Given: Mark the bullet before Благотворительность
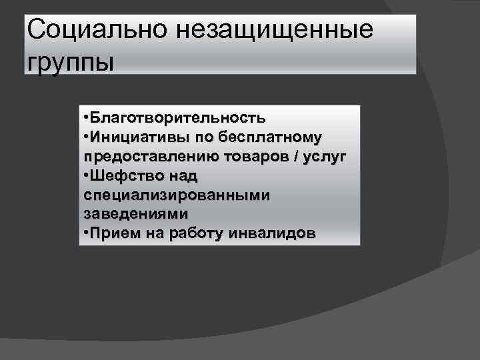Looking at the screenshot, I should [87, 118].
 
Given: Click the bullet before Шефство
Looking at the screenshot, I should [87, 176].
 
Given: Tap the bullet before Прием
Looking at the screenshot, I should [87, 234].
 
